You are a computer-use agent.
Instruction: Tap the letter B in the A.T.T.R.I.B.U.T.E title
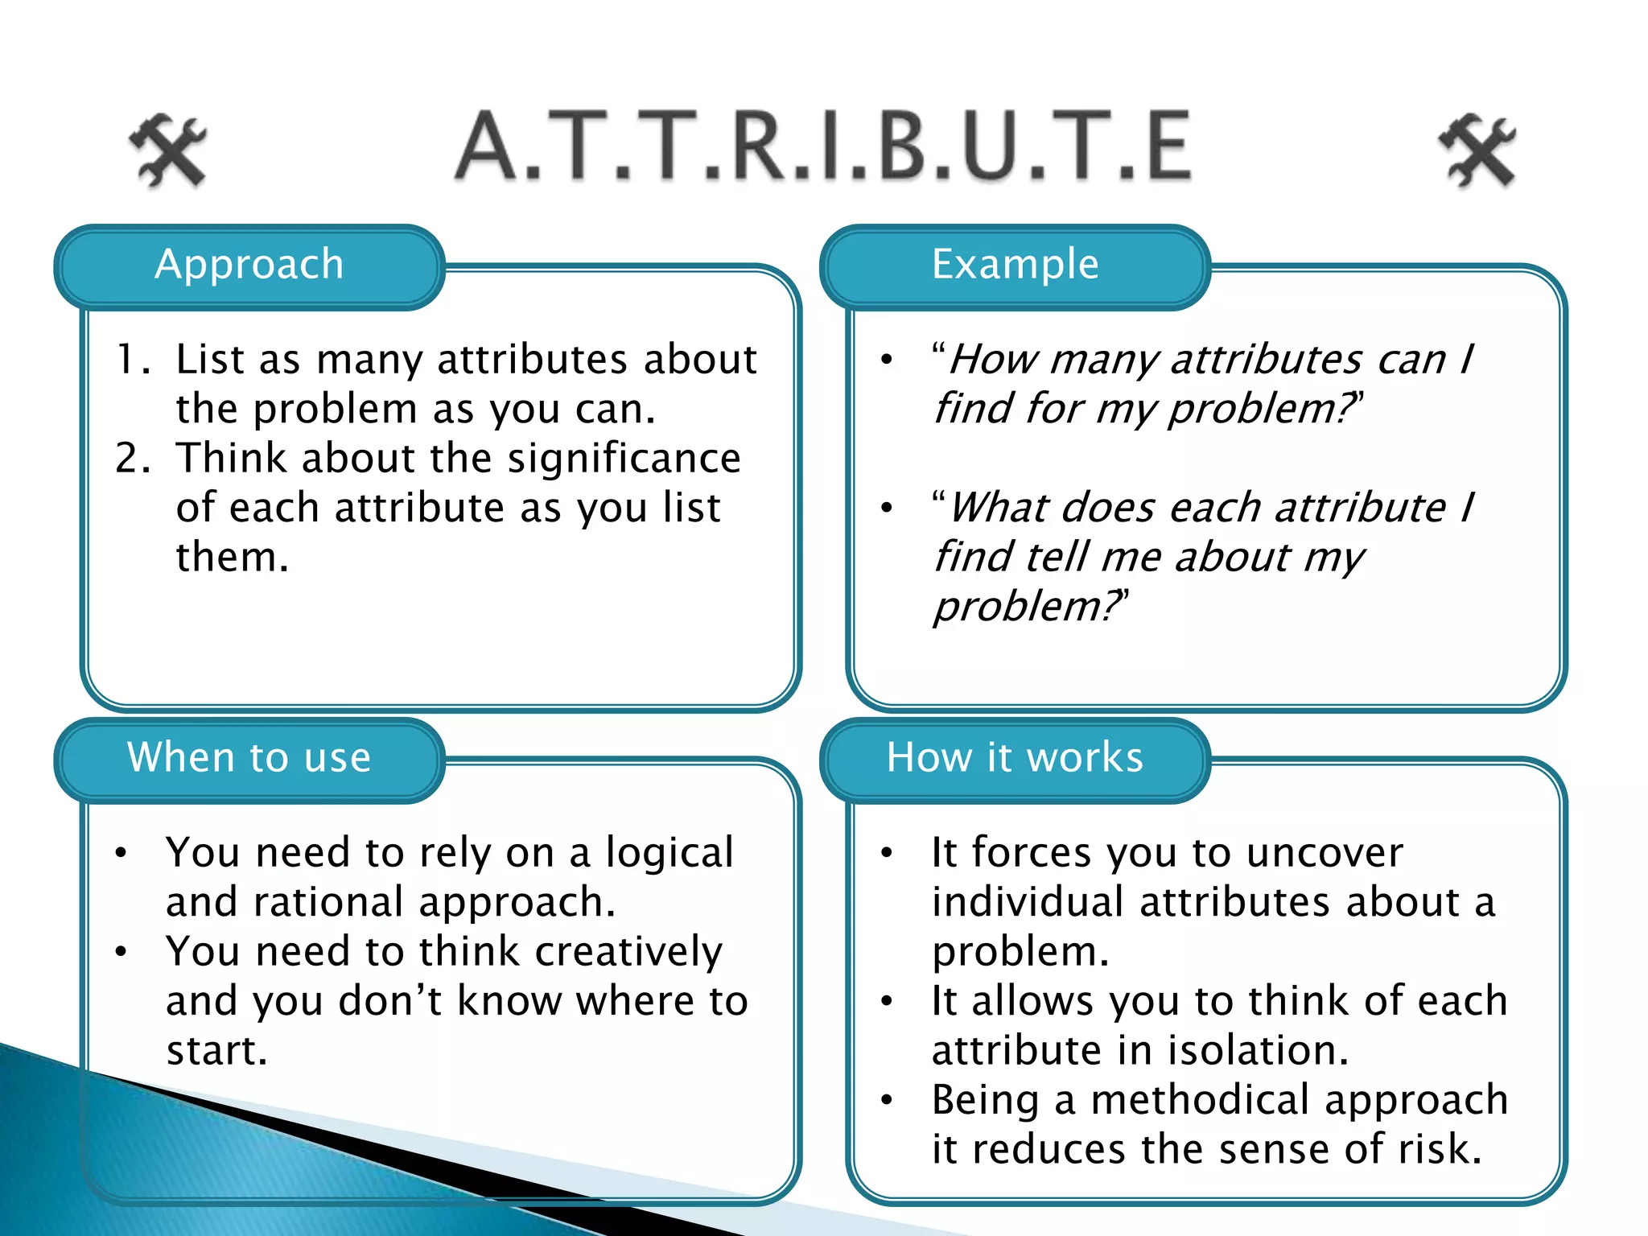point(913,146)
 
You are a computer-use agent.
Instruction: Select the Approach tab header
point(249,266)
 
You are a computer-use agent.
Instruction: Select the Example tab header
point(1015,266)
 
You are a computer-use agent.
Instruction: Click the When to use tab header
point(249,758)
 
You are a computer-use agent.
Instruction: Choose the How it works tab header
point(1015,758)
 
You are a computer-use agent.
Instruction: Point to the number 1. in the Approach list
point(133,360)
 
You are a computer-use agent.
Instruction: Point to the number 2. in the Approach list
point(133,459)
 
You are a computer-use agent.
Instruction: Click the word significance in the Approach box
point(624,459)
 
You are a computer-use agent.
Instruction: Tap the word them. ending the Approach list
point(232,558)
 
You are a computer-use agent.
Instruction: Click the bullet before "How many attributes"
point(887,360)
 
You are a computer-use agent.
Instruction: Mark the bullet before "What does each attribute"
point(887,508)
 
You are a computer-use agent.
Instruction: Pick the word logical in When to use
point(669,853)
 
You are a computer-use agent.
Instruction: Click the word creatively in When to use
point(628,952)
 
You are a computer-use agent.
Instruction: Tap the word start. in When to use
point(216,1051)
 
